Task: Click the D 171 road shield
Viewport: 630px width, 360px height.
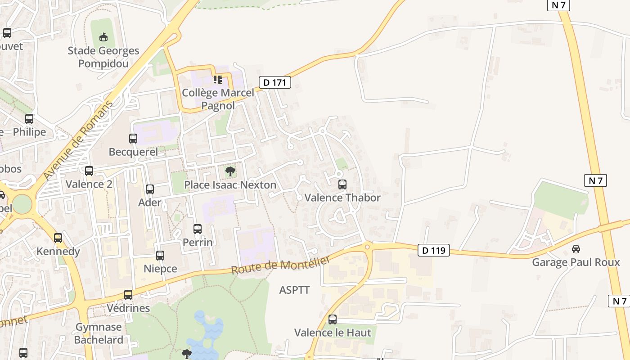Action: [275, 82]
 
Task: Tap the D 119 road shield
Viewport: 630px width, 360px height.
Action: [434, 250]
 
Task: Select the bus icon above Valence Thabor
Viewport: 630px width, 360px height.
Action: [342, 184]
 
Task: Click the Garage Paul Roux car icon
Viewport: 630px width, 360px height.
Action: [576, 249]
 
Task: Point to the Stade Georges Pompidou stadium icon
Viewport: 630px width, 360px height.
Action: [103, 37]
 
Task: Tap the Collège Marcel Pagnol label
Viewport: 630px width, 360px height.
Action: [218, 99]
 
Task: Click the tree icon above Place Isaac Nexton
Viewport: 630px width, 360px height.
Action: [230, 171]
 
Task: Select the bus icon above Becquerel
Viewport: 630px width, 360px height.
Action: [133, 139]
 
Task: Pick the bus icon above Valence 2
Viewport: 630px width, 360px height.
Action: [89, 171]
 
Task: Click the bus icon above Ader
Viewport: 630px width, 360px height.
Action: [150, 189]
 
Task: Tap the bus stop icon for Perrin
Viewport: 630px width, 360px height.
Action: [198, 229]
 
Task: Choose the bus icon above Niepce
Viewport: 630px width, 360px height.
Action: [160, 256]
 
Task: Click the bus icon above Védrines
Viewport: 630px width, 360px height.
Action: [128, 295]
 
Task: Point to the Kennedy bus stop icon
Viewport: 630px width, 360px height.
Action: [58, 238]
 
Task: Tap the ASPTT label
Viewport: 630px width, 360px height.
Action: [294, 290]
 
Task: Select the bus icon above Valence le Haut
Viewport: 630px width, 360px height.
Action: [333, 319]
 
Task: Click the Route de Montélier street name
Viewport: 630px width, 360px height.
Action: [281, 265]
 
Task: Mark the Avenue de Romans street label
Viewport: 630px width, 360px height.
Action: [78, 140]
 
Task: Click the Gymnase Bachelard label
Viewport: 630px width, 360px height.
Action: [99, 333]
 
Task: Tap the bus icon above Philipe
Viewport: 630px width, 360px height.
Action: [29, 119]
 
